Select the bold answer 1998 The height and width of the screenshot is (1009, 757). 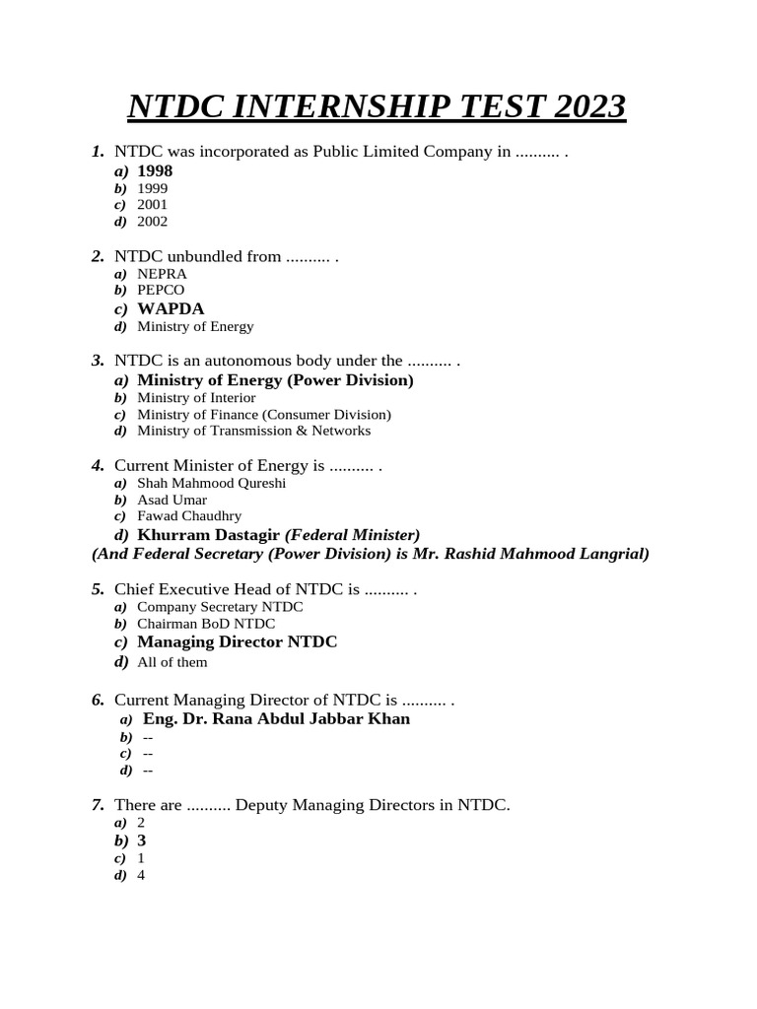tap(155, 171)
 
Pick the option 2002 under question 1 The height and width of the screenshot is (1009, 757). tap(153, 222)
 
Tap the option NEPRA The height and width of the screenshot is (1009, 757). tap(162, 274)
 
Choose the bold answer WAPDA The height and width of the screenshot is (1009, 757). tap(171, 308)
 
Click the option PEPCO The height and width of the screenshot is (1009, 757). tap(161, 291)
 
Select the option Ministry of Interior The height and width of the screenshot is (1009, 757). tap(196, 398)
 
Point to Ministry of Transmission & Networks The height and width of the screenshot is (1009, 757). tap(254, 431)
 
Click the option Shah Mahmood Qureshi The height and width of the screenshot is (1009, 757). tap(212, 484)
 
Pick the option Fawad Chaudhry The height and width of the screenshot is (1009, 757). tap(189, 516)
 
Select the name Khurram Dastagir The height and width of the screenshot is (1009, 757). tap(209, 535)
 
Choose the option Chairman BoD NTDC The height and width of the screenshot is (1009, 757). tap(206, 624)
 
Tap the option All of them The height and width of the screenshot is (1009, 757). tap(172, 662)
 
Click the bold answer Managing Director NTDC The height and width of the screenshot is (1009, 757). tap(237, 642)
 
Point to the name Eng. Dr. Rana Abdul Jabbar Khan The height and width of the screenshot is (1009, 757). tap(276, 719)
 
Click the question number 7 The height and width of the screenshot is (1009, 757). tap(97, 805)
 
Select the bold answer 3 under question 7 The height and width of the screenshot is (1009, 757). tap(142, 841)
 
